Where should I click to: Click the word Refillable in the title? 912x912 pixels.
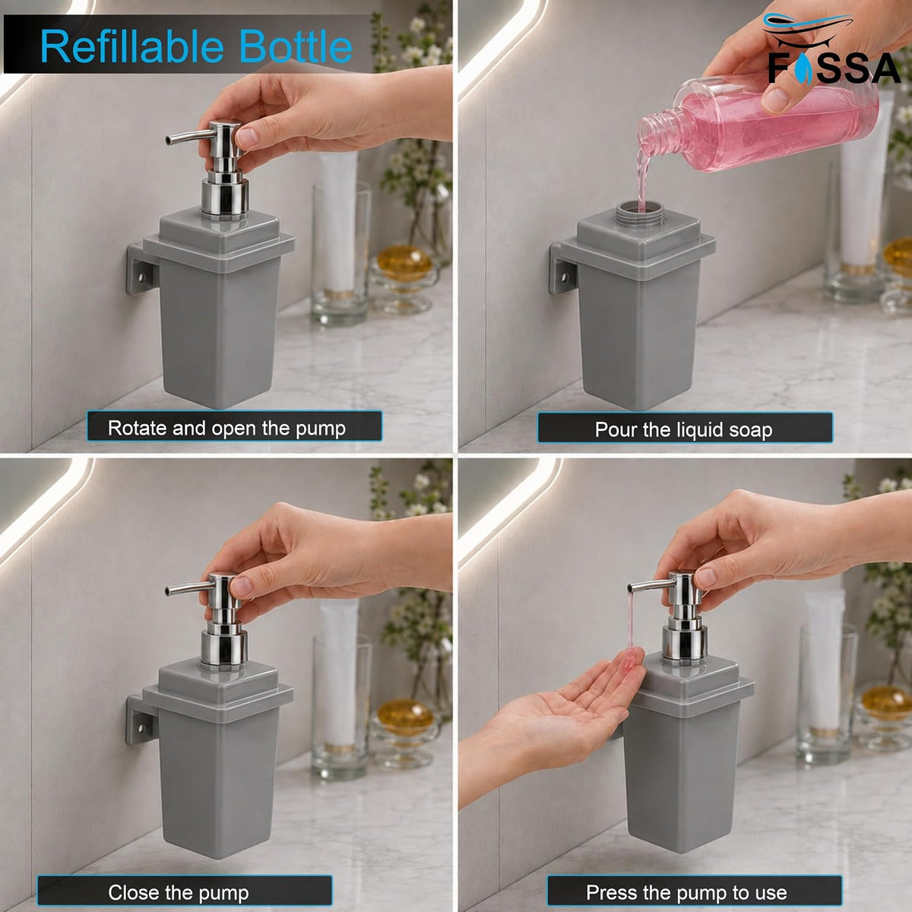(132, 46)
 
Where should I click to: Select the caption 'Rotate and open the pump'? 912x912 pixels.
(226, 429)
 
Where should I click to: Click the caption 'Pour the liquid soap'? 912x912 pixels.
(683, 429)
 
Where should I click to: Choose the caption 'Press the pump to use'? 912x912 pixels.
(686, 879)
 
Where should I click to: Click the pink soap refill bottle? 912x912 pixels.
(757, 125)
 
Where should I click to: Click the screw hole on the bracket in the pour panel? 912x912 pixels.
(564, 278)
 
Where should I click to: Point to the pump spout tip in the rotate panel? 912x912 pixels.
(169, 140)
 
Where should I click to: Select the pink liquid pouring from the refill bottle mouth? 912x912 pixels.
(642, 175)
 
